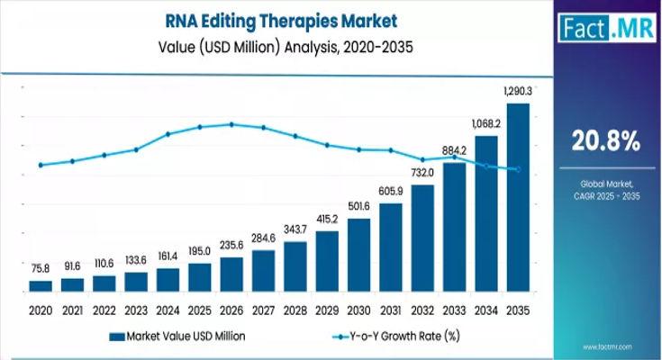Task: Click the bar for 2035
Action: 518,198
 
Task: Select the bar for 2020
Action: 41,286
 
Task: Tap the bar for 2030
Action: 358,256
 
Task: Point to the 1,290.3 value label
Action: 517,92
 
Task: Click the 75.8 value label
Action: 41,267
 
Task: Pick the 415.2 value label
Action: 327,219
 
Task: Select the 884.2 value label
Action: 454,149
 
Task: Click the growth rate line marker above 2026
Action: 231,124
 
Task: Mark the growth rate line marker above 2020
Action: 41,165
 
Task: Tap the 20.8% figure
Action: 605,140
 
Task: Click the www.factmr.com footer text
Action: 621,347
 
